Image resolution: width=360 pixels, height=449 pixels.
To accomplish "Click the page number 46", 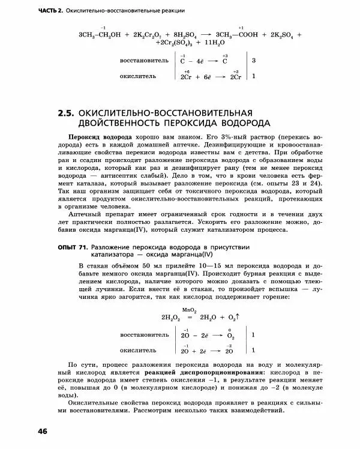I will tap(43, 431).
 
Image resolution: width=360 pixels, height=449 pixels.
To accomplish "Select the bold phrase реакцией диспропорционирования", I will tap(188, 373).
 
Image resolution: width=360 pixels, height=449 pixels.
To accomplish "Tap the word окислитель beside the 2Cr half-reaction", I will tap(139, 76).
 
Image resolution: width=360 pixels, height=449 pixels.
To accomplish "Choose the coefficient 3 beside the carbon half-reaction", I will tap(254, 61).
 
